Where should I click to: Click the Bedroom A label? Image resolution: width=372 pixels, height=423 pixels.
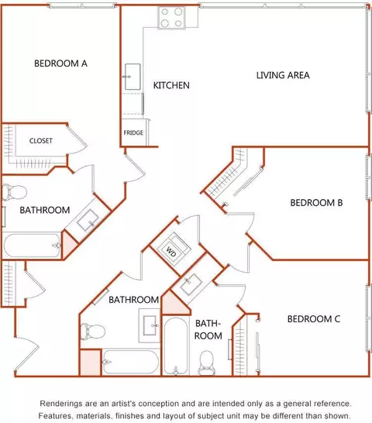pos(60,64)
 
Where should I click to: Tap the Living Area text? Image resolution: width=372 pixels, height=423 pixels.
pos(283,75)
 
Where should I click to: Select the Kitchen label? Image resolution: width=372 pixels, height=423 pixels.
pos(171,85)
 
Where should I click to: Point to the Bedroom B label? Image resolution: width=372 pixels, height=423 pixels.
pos(316,203)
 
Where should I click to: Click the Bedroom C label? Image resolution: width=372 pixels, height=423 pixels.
pos(314,319)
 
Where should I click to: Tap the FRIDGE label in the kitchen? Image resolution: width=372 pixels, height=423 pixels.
pos(133,132)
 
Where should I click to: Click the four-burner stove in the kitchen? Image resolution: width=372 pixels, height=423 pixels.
pos(171,18)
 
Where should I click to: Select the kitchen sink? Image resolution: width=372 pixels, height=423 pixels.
pos(133,77)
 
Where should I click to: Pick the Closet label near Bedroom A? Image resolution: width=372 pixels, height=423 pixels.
pos(41,140)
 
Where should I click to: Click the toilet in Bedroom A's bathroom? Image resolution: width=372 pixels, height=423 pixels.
pos(15,192)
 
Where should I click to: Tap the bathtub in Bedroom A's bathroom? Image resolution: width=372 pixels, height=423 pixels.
pos(32,246)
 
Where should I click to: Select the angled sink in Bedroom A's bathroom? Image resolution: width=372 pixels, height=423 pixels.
pos(88,220)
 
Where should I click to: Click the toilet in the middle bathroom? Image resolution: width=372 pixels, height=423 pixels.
pos(92,331)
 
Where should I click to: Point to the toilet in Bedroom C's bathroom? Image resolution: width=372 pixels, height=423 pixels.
pos(207,363)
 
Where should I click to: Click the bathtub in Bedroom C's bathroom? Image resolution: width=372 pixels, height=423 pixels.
pos(175,346)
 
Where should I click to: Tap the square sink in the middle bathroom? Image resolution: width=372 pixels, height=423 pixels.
pos(150,325)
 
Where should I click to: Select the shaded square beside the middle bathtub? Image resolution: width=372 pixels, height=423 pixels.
pos(91,363)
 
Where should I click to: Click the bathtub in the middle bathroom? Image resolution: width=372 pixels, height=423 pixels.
pos(131,363)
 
